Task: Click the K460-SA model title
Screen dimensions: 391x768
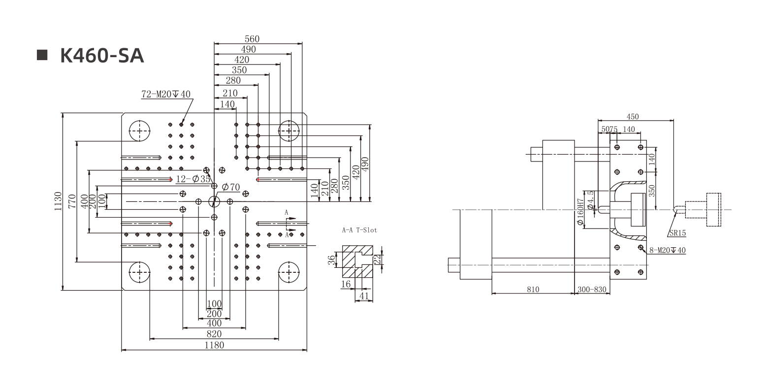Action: coord(101,56)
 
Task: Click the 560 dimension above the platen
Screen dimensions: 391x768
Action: coord(252,39)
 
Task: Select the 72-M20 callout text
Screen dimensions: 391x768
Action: coord(166,95)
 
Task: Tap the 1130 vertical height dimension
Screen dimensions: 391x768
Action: coord(59,201)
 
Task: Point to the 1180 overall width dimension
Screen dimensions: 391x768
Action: coord(214,345)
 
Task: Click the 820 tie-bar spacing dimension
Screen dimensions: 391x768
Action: coord(214,334)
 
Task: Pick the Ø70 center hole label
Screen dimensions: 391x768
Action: coord(230,187)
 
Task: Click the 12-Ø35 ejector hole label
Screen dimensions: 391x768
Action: coord(193,179)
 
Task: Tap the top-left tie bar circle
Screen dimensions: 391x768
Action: coord(140,131)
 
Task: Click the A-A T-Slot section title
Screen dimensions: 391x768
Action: coord(359,230)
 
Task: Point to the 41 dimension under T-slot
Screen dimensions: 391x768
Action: coord(364,296)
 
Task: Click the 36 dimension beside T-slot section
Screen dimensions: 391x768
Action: coord(331,260)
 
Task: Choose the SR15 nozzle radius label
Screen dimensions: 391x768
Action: coord(677,233)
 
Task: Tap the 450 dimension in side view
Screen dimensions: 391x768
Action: coord(633,117)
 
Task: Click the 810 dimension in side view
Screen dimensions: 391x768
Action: coord(533,290)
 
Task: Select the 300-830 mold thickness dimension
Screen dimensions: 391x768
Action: coord(592,290)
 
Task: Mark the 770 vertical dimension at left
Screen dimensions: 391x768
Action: coord(72,201)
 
